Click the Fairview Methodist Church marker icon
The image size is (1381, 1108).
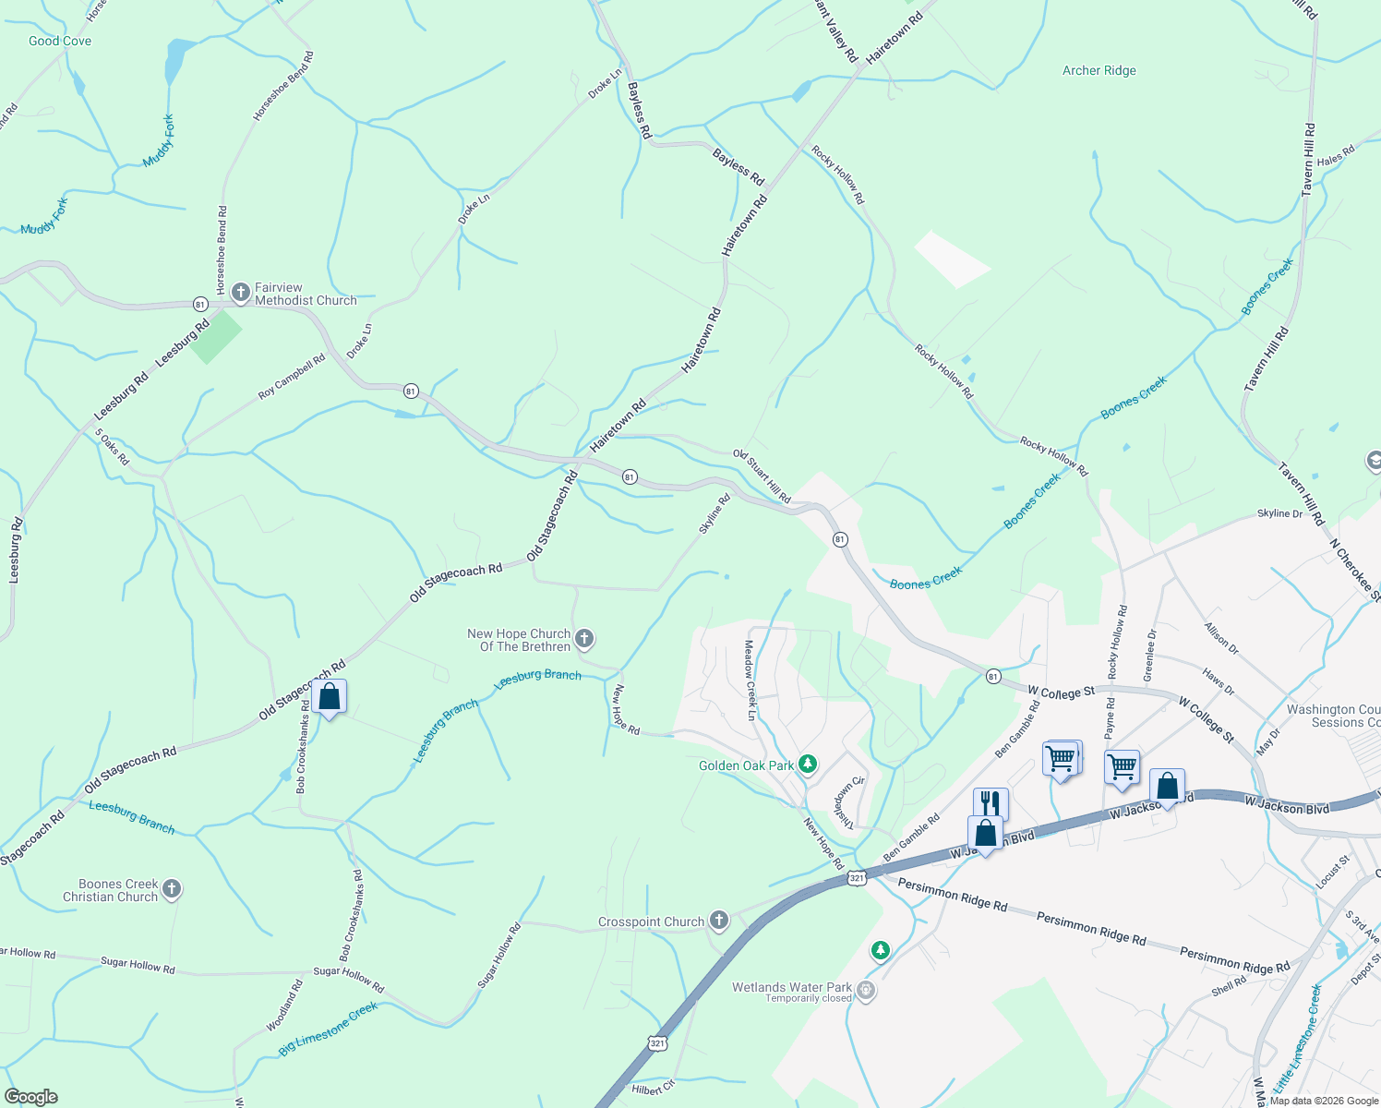pyautogui.click(x=241, y=294)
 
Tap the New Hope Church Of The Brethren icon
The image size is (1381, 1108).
pyautogui.click(x=583, y=639)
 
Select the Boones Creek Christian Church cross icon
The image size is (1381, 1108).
pyautogui.click(x=171, y=889)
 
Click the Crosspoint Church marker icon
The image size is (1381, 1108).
pyautogui.click(x=719, y=921)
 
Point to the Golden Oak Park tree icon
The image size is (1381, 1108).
pyautogui.click(x=808, y=765)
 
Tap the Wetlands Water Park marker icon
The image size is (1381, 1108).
pyautogui.click(x=866, y=991)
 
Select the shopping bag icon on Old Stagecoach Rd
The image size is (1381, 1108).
pyautogui.click(x=329, y=697)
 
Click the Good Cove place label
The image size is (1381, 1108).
pyautogui.click(x=60, y=41)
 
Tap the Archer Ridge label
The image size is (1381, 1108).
pyautogui.click(x=1099, y=70)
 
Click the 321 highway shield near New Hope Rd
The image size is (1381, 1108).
pyautogui.click(x=857, y=878)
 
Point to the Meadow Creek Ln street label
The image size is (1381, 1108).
pyautogui.click(x=751, y=680)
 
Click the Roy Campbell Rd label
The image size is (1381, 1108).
pyautogui.click(x=292, y=377)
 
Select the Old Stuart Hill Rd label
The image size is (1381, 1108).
pyautogui.click(x=762, y=476)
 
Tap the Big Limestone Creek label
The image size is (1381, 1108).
pyautogui.click(x=329, y=1030)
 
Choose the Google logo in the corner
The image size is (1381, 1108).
pyautogui.click(x=30, y=1096)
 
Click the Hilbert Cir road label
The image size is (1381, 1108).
pyautogui.click(x=654, y=1089)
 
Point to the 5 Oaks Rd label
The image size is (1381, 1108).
pyautogui.click(x=112, y=447)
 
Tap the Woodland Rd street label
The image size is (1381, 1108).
pyautogui.click(x=284, y=1006)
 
